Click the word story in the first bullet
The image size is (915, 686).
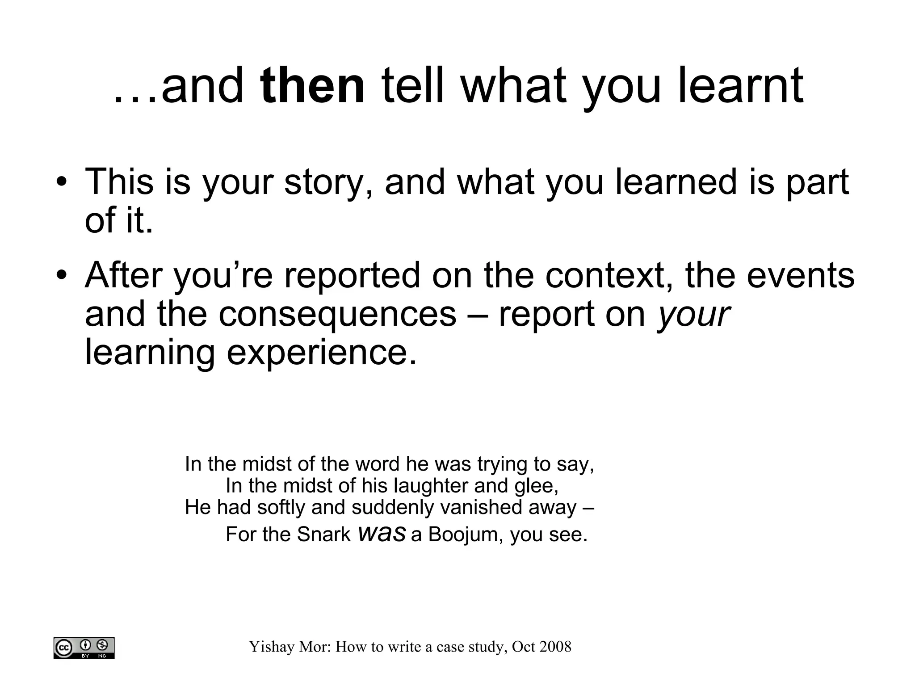pos(328,183)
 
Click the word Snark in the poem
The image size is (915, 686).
pos(323,534)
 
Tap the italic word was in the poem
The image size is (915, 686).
pos(382,534)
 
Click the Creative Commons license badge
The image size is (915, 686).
pos(84,648)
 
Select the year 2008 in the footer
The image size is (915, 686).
pos(555,647)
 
